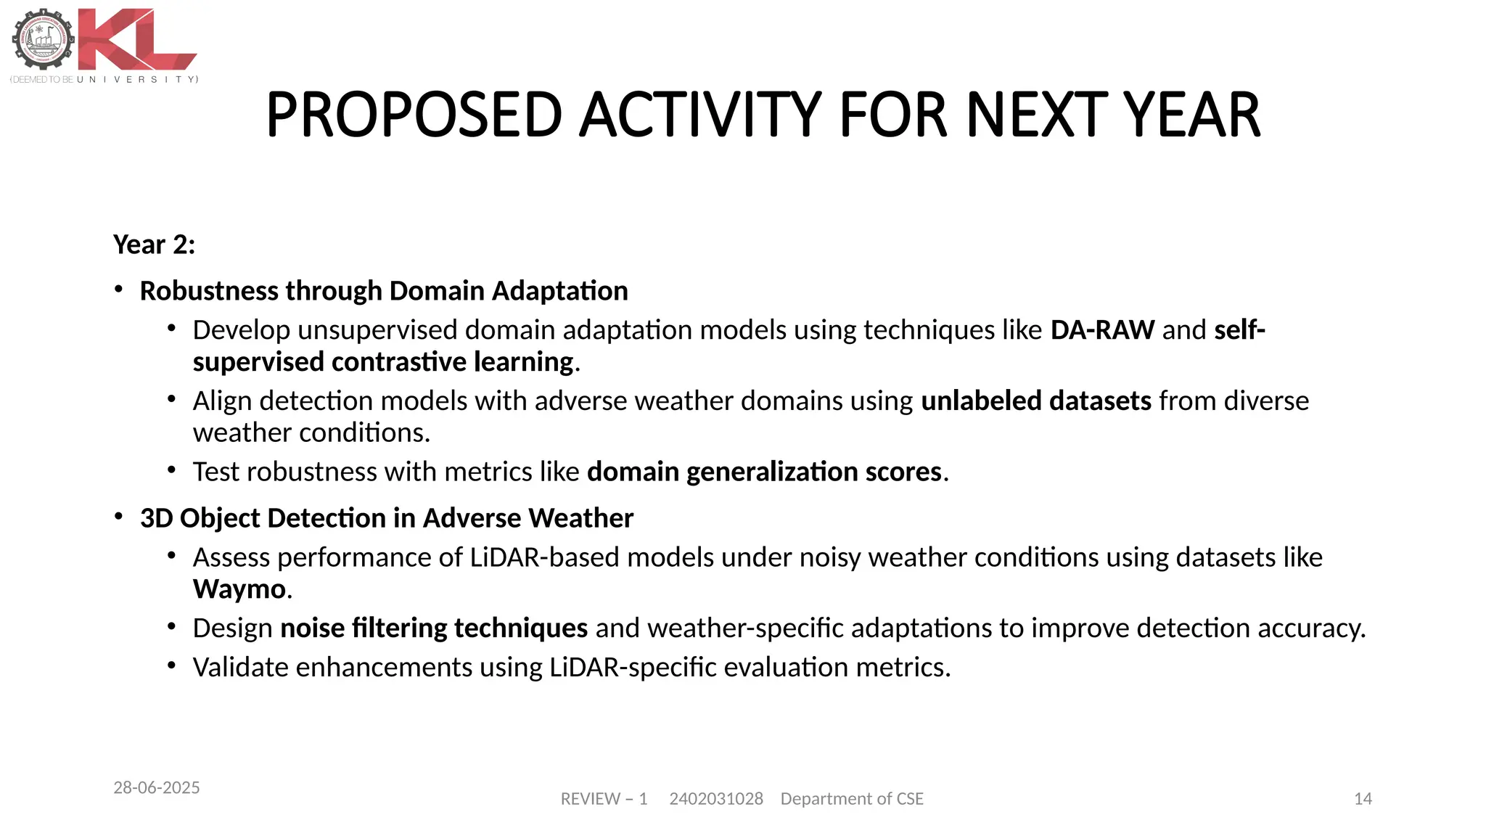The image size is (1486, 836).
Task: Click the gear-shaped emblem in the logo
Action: coord(44,40)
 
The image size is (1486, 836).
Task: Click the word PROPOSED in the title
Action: coord(414,115)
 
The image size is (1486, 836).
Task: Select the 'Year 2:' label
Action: coord(154,245)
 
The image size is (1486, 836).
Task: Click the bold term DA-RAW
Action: coord(1101,330)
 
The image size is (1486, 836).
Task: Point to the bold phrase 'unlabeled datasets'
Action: coord(1035,401)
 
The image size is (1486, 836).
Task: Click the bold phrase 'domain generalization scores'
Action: coord(764,472)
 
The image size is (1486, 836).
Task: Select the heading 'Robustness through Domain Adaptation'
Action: coord(384,291)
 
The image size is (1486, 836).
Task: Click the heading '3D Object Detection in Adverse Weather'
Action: coord(386,518)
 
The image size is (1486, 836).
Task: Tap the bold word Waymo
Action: coord(239,589)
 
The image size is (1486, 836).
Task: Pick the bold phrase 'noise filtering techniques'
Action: coord(434,628)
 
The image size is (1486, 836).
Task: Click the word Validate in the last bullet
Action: coord(240,668)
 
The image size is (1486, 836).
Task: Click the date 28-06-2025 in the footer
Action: coord(157,787)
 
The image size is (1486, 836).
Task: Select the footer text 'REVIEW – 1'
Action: coord(604,799)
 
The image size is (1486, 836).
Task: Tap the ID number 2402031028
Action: coord(715,799)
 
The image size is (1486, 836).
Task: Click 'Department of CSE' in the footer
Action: coord(852,799)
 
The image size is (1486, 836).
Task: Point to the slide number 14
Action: coord(1363,799)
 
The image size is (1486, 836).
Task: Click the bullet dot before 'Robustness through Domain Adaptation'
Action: coord(118,290)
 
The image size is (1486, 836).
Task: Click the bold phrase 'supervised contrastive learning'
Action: coord(383,362)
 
